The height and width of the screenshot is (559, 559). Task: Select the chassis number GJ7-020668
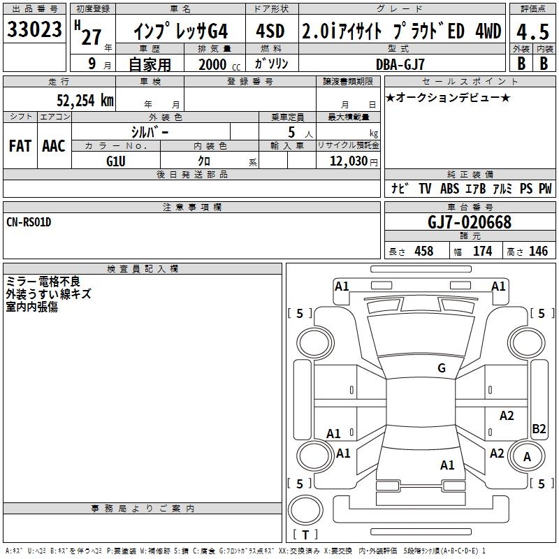click(470, 222)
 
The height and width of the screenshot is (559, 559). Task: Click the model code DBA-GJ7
click(400, 64)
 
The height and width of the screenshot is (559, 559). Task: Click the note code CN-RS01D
click(29, 222)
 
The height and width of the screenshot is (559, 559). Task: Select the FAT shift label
click(20, 146)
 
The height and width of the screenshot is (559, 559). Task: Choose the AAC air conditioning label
click(53, 146)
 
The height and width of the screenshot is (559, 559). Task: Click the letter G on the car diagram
click(441, 368)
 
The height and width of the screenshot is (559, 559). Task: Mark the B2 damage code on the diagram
click(539, 429)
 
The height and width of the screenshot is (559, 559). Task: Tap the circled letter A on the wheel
click(528, 457)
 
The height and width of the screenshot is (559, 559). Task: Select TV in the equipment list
click(425, 189)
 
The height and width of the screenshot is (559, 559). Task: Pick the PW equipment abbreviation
click(545, 189)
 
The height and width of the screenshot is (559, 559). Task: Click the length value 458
click(423, 252)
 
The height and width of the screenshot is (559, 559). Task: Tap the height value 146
click(538, 252)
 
